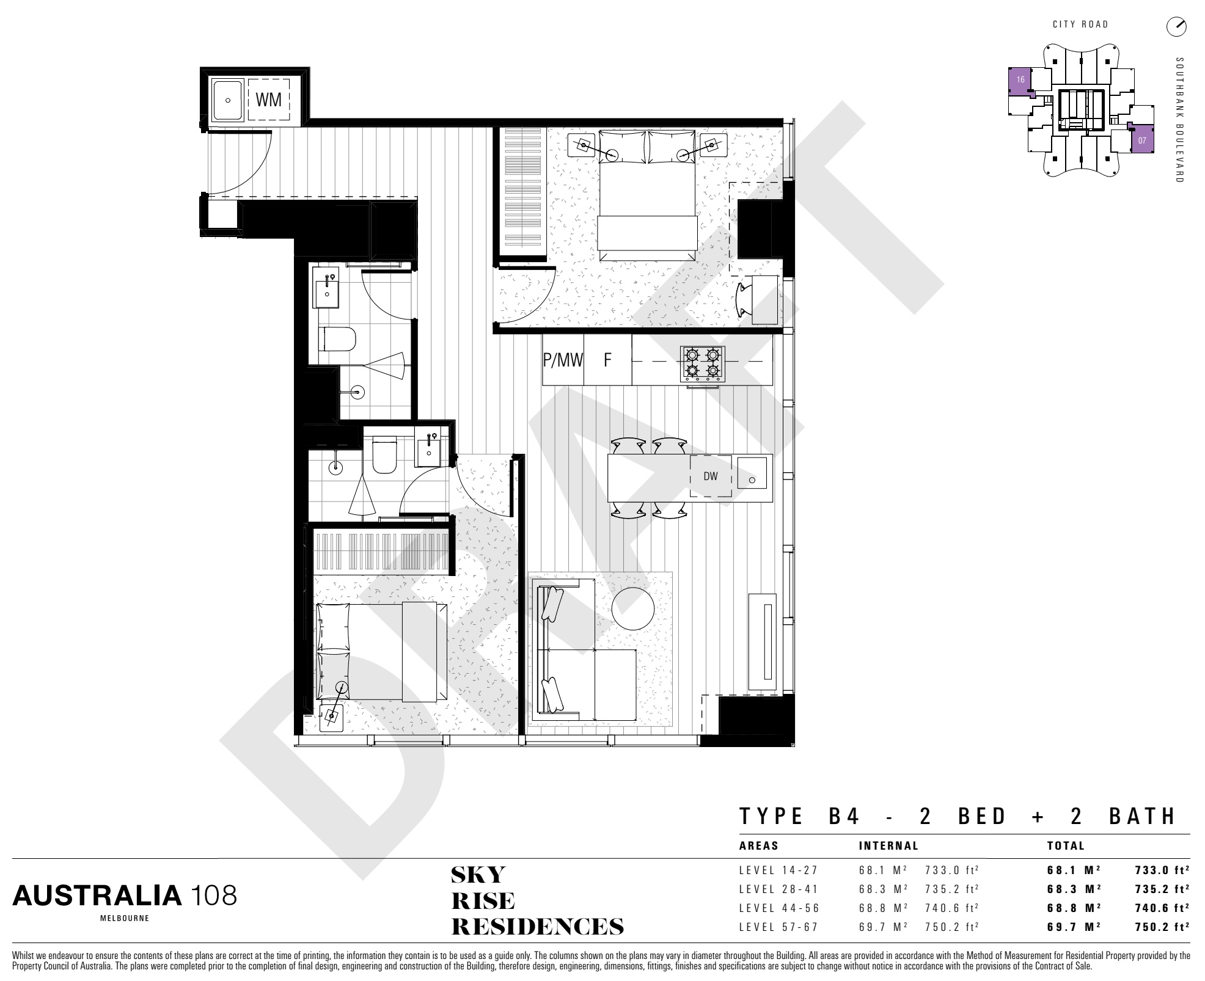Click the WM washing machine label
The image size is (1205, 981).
tap(268, 100)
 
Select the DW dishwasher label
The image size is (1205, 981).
tap(710, 476)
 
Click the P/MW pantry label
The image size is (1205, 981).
tap(563, 360)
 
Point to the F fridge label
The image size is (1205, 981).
tap(607, 360)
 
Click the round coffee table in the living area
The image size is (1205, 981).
tap(633, 608)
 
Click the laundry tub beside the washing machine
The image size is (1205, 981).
tap(227, 100)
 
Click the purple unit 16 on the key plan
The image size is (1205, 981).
tap(1019, 80)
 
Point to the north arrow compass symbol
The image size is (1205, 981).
tap(1176, 26)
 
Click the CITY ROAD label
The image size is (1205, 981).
tap(1080, 24)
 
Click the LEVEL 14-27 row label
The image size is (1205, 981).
tap(778, 870)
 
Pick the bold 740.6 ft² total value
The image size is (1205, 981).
tap(1162, 908)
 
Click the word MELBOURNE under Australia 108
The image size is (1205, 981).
tap(124, 918)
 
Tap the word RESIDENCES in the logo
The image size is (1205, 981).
tap(537, 927)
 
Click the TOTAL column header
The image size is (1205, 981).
tap(1066, 846)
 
